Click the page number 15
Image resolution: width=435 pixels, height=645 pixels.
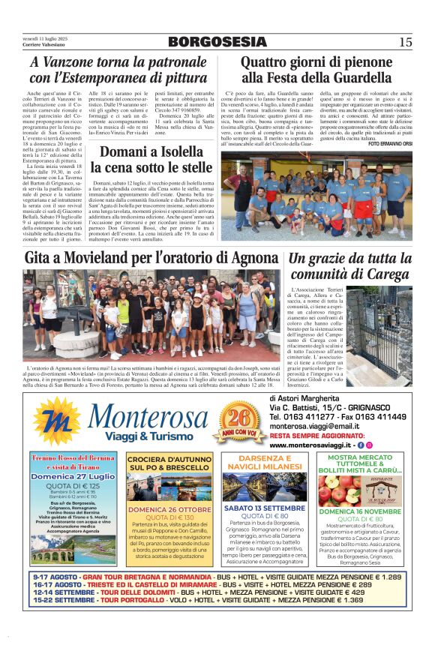point(405,42)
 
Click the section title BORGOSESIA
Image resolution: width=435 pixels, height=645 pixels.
point(217,41)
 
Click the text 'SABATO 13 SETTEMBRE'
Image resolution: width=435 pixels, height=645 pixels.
point(265,507)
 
